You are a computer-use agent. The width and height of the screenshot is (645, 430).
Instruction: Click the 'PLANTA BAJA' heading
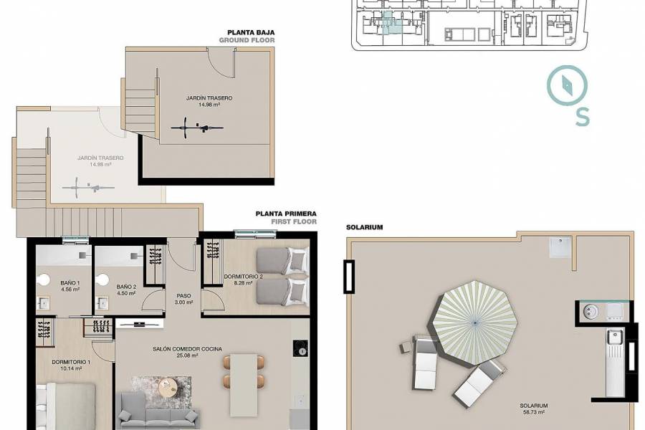point(251,32)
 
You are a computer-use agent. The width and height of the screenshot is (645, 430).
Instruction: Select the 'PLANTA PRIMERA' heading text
point(286,214)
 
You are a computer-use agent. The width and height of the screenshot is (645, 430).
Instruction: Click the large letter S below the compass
point(582,118)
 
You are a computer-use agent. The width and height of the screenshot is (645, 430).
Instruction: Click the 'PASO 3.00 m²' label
point(183,298)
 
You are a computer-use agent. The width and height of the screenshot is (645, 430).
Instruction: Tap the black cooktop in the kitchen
point(300,348)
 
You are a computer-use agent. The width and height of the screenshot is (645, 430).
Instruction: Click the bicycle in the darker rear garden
point(196,129)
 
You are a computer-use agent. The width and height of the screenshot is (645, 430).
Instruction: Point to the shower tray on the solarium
point(560,247)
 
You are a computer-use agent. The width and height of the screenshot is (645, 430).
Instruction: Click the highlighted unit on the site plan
point(391,23)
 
